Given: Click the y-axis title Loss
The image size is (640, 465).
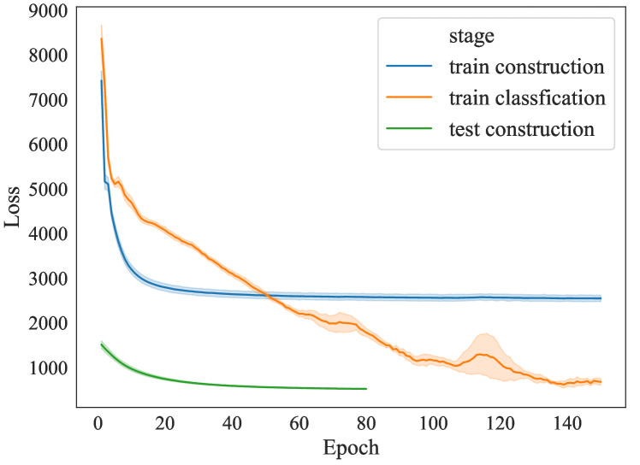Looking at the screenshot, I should click(x=13, y=208).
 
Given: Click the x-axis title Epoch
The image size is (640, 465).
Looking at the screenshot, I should click(x=350, y=447).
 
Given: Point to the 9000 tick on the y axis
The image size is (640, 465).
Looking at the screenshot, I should click(x=50, y=11).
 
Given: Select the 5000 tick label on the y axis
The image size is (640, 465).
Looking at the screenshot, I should click(x=50, y=190).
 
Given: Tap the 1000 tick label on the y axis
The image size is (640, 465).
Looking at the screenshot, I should click(x=50, y=368).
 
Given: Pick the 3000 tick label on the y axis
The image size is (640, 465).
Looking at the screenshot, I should click(x=50, y=280).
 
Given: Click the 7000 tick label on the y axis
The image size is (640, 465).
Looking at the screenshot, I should click(x=50, y=100).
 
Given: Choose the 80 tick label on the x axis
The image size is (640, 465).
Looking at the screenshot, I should click(x=366, y=423).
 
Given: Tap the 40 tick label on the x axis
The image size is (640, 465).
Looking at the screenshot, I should click(x=232, y=423).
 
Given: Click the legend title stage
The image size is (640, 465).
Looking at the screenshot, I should click(x=471, y=37).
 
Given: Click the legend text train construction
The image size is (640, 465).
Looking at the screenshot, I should click(x=526, y=68).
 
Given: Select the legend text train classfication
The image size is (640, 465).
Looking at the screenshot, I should click(x=527, y=98).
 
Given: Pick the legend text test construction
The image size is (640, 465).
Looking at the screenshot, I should click(x=521, y=130).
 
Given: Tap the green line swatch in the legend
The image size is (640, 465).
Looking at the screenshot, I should click(x=412, y=130).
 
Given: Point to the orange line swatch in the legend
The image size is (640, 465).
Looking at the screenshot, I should click(x=412, y=98).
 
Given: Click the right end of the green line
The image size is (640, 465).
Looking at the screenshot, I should click(x=366, y=389).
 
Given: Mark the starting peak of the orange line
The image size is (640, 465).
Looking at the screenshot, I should click(x=102, y=38).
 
